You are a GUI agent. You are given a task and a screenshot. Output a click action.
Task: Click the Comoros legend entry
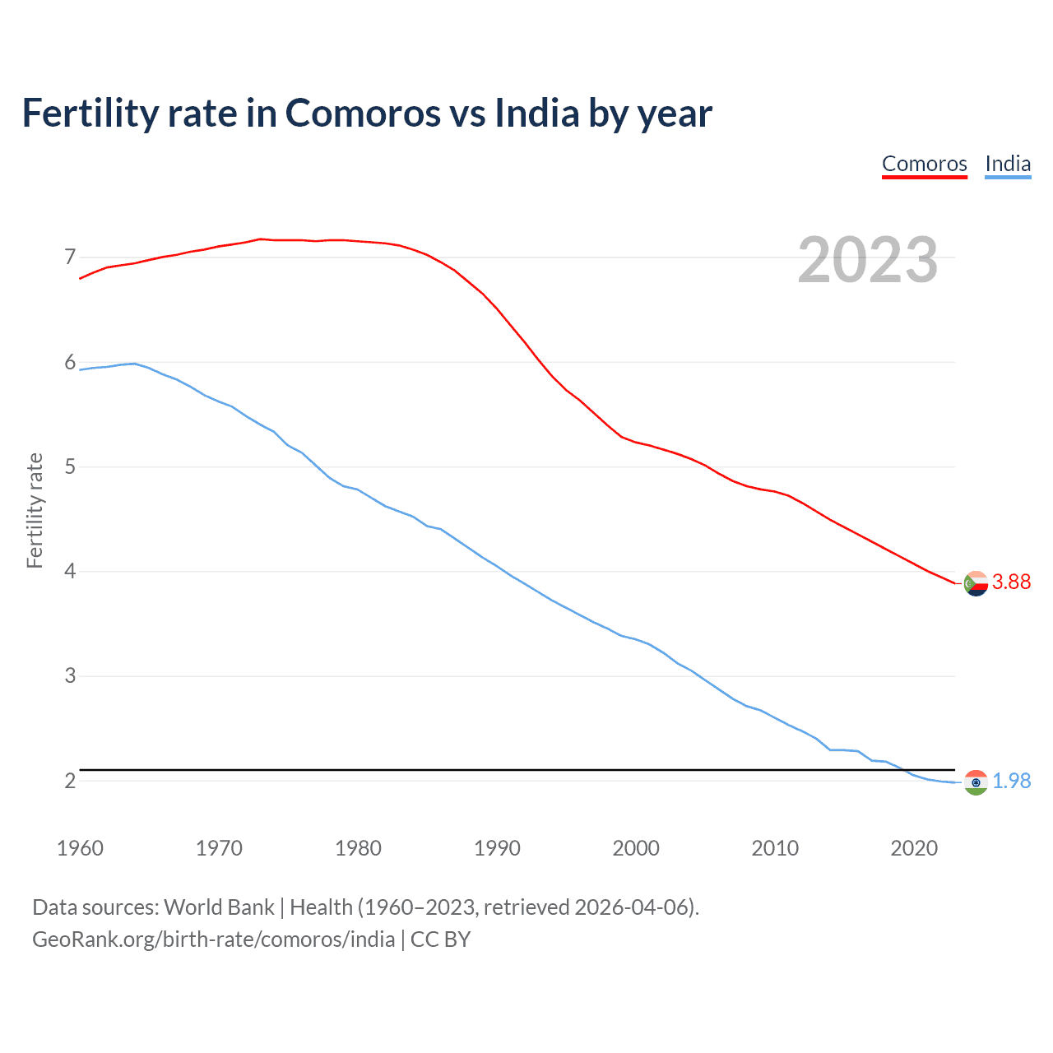tap(924, 164)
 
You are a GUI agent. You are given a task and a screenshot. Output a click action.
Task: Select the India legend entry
tap(1008, 164)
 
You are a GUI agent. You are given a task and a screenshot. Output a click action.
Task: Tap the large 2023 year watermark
tap(867, 260)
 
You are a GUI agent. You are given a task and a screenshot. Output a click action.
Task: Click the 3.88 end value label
tap(1011, 582)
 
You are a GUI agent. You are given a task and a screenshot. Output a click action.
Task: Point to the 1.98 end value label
tap(1011, 782)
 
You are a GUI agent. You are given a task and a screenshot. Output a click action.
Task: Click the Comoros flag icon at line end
tap(976, 583)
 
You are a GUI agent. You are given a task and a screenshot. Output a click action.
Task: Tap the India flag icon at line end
tap(976, 782)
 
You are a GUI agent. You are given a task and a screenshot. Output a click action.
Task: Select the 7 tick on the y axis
tap(70, 257)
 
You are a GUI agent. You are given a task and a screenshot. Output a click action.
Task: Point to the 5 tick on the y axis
tap(70, 467)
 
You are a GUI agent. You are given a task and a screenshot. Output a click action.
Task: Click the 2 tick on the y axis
tap(70, 781)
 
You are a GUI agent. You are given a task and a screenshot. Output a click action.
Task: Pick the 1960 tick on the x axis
tap(80, 848)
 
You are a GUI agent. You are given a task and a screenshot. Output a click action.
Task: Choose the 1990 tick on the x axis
tap(497, 848)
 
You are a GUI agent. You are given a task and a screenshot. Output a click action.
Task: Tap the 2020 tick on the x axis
tap(914, 848)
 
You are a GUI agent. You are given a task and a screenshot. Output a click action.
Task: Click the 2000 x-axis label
tap(636, 848)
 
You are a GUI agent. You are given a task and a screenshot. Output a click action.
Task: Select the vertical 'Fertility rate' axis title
tap(35, 510)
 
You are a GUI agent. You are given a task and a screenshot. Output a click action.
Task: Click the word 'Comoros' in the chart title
tap(363, 114)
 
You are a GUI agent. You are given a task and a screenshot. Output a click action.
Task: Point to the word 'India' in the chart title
tap(537, 114)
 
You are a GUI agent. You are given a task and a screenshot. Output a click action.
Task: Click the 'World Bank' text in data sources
tap(219, 907)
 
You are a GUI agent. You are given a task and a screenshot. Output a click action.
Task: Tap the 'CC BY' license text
tap(440, 939)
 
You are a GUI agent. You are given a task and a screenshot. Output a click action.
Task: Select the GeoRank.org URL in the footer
tap(213, 939)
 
